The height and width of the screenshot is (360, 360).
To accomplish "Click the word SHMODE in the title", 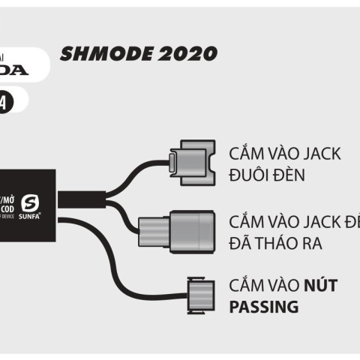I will tap(100, 53).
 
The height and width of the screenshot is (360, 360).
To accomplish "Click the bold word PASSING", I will tap(263, 307).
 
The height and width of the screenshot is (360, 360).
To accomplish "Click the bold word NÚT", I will tap(320, 286).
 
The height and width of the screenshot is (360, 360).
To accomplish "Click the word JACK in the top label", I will tap(319, 154).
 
